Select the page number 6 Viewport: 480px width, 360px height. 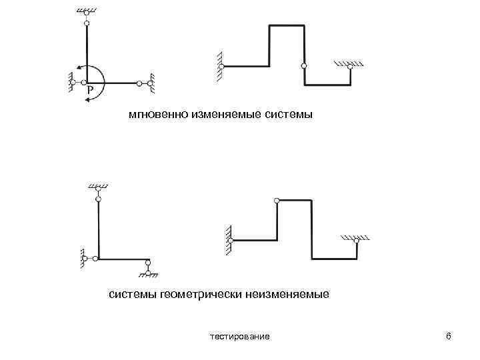pyautogui.click(x=448, y=336)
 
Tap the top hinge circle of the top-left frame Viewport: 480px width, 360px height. pyautogui.click(x=87, y=23)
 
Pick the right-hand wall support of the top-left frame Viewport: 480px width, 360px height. pyautogui.click(x=152, y=83)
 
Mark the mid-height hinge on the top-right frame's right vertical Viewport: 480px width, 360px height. pyautogui.click(x=304, y=66)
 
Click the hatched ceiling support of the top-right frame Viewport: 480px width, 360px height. pyautogui.click(x=349, y=64)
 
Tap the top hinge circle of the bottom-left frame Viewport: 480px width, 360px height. pyautogui.click(x=99, y=198)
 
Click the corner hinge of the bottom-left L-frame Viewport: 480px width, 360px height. pyautogui.click(x=97, y=258)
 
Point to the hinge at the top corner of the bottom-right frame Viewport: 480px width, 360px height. pyautogui.click(x=277, y=199)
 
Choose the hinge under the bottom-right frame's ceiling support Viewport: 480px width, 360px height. pyautogui.click(x=357, y=243)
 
